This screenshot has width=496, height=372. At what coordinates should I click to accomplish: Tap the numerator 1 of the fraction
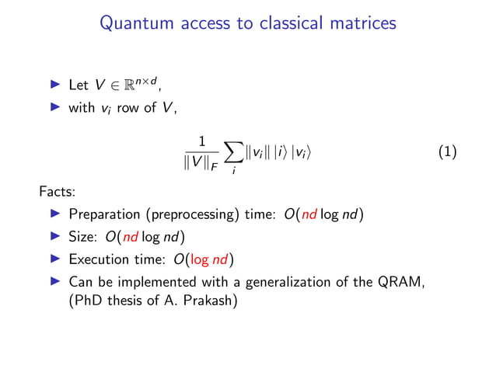[201, 141]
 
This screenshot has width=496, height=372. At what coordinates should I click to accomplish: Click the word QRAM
[400, 281]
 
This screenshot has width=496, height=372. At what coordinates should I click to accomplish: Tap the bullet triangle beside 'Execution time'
[55, 259]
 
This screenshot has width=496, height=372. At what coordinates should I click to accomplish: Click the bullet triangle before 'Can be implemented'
[55, 280]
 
